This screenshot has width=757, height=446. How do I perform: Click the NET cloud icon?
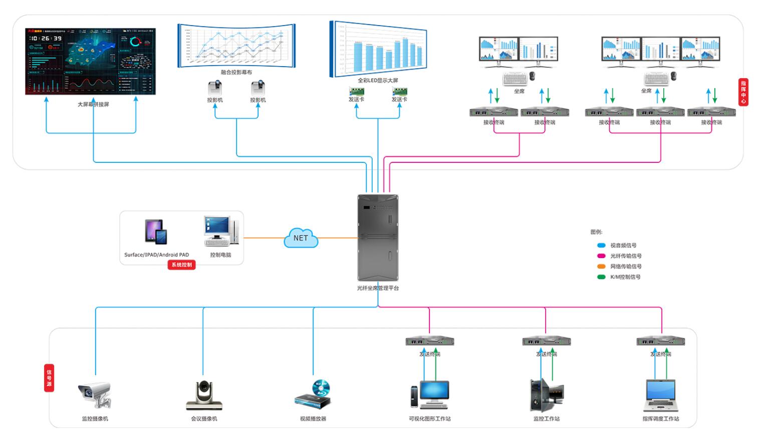[301, 238]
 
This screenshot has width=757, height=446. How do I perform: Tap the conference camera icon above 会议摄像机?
[204, 395]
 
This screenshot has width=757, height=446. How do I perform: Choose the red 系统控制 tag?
[181, 265]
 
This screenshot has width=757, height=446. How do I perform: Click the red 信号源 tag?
[49, 378]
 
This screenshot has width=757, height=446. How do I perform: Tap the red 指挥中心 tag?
[743, 92]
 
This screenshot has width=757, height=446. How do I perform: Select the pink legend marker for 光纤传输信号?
[601, 256]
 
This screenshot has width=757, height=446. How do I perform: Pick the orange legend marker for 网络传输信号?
[601, 267]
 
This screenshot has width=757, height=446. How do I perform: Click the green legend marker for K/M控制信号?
[601, 277]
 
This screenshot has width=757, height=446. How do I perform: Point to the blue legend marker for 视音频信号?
[601, 246]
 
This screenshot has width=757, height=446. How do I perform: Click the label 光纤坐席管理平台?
[378, 288]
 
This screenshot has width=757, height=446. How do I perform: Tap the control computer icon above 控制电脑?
[221, 232]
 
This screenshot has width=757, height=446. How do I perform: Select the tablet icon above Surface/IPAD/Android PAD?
[156, 232]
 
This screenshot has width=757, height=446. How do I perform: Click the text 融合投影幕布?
[236, 72]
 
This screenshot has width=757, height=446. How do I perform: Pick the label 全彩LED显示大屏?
[378, 80]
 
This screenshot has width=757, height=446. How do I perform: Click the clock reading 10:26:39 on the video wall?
[46, 38]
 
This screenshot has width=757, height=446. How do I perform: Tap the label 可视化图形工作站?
[430, 419]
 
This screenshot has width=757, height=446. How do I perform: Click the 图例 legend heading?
[596, 232]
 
